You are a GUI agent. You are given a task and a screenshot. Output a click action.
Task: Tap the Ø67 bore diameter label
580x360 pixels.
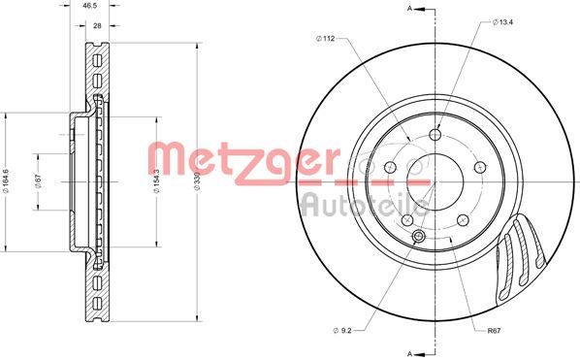click(x=39, y=181)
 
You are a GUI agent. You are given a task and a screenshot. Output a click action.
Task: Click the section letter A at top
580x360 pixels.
click(x=409, y=10)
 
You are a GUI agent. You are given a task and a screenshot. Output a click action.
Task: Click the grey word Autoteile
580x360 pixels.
click(x=363, y=203)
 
